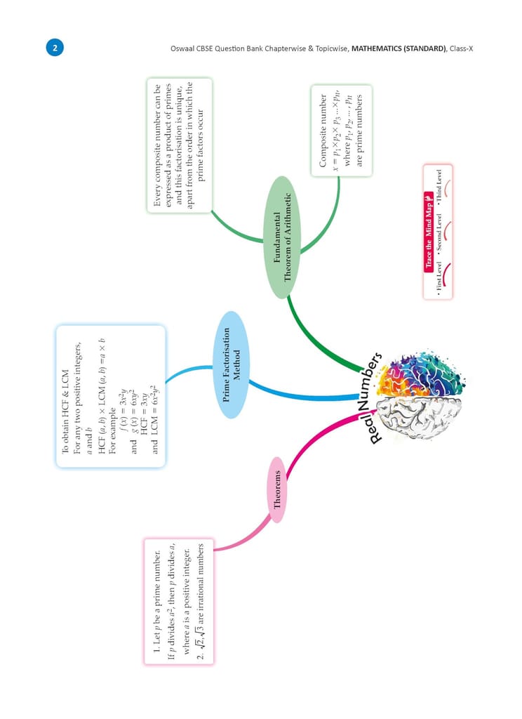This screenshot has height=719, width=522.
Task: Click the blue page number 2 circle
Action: click(x=55, y=48)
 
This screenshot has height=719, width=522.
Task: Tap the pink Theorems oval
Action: click(x=277, y=489)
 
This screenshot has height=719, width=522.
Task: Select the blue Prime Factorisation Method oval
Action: click(x=232, y=364)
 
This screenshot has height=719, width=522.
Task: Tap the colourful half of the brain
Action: click(x=420, y=376)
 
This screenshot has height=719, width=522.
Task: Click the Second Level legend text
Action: click(x=439, y=232)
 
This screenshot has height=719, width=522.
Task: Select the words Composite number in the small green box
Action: click(x=323, y=131)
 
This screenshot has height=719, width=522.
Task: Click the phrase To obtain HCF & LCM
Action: click(x=65, y=412)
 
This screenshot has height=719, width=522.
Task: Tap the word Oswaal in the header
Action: click(x=182, y=48)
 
